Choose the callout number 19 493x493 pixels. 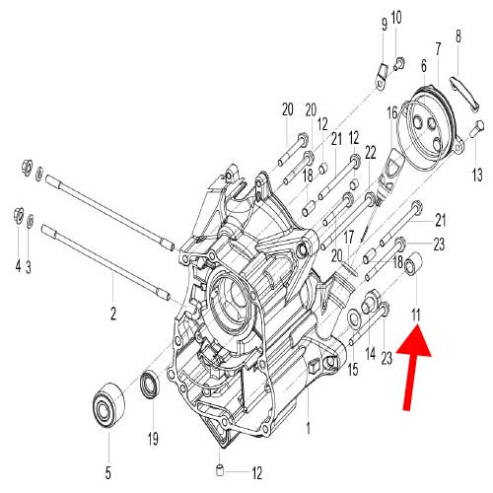coord(153,438)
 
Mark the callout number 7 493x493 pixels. coord(437,48)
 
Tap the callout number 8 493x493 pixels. coord(458,37)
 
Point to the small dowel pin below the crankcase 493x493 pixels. coord(223,464)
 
